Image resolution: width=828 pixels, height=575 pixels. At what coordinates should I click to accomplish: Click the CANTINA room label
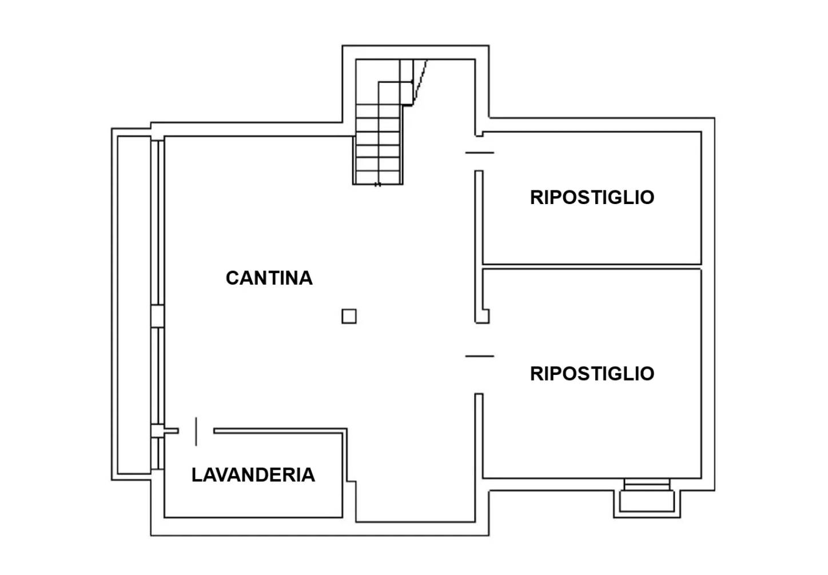tap(269, 278)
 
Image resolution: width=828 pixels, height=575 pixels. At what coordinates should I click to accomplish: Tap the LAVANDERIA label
tap(253, 475)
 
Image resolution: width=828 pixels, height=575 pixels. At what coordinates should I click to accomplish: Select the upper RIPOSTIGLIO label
tap(592, 197)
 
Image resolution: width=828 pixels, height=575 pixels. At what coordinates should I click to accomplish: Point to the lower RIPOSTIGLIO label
tap(592, 374)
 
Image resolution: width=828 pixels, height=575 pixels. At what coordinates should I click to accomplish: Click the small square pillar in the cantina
tap(349, 316)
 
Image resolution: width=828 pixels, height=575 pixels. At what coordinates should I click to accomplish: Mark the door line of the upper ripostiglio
tap(479, 153)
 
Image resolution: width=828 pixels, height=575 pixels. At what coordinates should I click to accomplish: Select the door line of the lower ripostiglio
tap(479, 356)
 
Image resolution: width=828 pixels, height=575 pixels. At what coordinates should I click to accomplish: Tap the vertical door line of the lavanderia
tap(196, 432)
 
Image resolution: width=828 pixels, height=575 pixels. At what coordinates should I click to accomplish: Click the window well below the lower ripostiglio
tap(647, 498)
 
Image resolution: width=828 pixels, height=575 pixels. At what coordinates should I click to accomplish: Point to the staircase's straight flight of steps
tap(378, 144)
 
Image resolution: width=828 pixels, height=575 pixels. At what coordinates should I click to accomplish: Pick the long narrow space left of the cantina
tap(134, 305)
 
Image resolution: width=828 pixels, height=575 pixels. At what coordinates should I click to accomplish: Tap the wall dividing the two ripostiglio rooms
tap(592, 267)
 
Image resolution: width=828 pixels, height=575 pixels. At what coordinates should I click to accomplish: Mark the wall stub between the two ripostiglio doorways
tap(480, 247)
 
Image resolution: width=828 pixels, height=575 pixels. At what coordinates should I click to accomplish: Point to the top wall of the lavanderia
tap(280, 431)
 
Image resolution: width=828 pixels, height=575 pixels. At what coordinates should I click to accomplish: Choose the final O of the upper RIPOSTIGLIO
tap(647, 197)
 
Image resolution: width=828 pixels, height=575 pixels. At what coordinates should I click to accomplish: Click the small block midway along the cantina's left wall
tap(157, 316)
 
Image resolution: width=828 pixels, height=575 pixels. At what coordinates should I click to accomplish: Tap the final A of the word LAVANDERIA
tap(308, 475)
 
